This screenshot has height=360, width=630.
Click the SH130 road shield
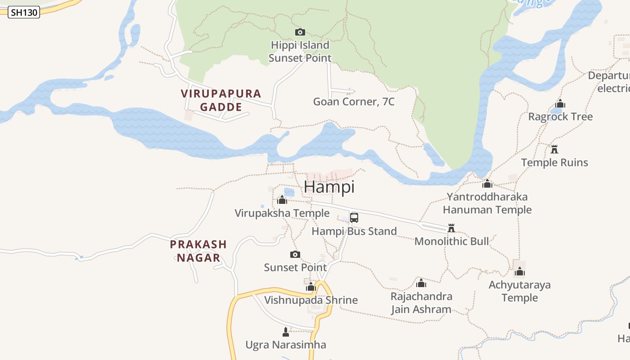click(x=24, y=13)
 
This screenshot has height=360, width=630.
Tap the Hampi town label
click(x=329, y=187)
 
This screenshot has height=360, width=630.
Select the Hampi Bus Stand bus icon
click(x=354, y=218)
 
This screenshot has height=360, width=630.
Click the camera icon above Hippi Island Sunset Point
click(x=300, y=32)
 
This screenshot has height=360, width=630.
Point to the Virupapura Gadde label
click(x=221, y=100)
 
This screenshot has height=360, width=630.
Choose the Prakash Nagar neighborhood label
click(x=198, y=251)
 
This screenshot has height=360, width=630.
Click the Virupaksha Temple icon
click(x=282, y=200)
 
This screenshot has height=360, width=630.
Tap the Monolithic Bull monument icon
click(x=451, y=228)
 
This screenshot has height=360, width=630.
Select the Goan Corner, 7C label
click(x=354, y=102)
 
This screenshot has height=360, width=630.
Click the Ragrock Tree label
click(x=560, y=117)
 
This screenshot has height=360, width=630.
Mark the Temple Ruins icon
click(x=554, y=149)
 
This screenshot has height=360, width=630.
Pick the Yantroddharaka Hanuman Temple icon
click(x=487, y=184)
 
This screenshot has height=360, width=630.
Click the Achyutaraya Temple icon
click(x=520, y=271)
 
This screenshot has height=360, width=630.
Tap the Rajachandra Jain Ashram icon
click(x=421, y=283)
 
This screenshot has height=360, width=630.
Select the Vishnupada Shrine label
click(x=311, y=300)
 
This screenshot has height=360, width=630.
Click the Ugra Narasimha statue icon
click(x=285, y=332)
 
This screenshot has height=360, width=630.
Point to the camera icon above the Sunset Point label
click(x=295, y=254)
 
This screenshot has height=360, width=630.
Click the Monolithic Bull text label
click(x=451, y=241)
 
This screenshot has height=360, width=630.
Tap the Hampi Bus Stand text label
click(x=354, y=231)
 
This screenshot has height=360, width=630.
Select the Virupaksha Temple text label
click(x=282, y=213)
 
